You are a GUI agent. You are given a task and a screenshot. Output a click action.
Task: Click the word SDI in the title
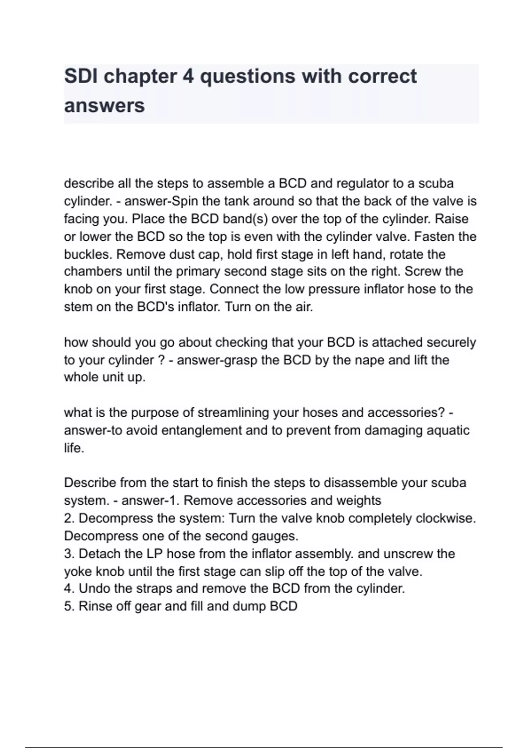80,76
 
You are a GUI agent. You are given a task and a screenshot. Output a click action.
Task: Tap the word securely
451,342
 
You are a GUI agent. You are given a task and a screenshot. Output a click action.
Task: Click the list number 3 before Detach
69,554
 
